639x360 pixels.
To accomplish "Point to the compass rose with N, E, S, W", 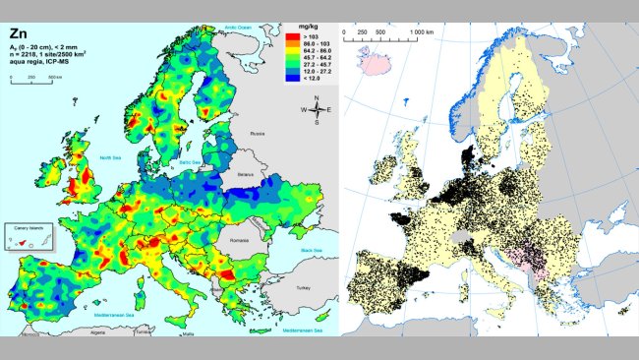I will pyautogui.click(x=316, y=111).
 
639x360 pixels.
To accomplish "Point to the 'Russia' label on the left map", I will pyautogui.click(x=259, y=133).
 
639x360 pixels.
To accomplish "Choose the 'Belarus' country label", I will pyautogui.click(x=246, y=174).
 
